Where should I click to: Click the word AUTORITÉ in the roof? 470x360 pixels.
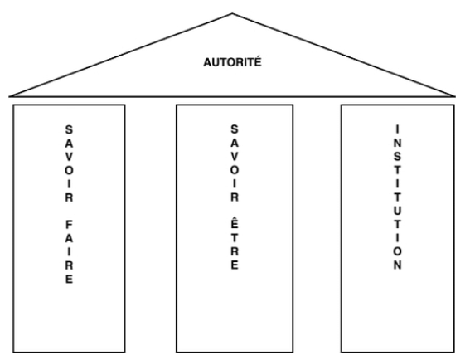point(232,62)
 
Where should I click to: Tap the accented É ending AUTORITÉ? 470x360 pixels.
point(258,61)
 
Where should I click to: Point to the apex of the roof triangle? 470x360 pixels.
point(232,13)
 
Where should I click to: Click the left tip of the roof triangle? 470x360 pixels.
point(10,96)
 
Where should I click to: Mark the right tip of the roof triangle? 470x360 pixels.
point(455,96)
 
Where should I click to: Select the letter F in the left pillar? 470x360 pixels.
point(69,225)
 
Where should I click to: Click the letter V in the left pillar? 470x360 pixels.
point(69,157)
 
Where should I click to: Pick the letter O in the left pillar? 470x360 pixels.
point(69,171)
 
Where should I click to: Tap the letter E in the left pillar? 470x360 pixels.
point(69,279)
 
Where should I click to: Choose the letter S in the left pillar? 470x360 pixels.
point(69,130)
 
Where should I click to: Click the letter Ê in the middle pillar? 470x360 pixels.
point(235,223)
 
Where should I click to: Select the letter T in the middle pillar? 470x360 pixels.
point(235,237)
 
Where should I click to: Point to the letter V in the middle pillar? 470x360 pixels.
point(235,156)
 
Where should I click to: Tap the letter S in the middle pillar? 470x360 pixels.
point(235,129)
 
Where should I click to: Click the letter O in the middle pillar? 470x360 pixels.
point(235,170)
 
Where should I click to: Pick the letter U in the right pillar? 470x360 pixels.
point(397,211)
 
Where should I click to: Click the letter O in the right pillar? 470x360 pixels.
point(397,251)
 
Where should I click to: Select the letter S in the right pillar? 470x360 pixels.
point(397,156)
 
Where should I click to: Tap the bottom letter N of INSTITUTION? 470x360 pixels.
point(397,265)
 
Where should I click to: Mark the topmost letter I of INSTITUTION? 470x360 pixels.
point(397,129)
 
